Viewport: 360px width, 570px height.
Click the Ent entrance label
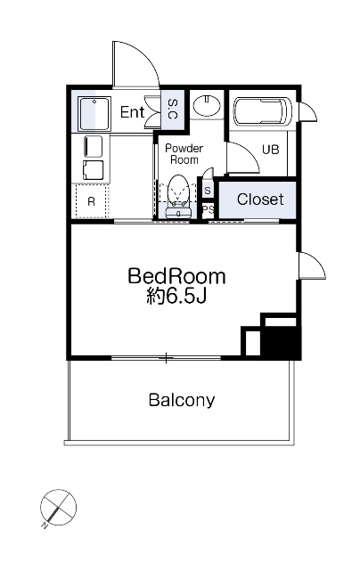pos(132,112)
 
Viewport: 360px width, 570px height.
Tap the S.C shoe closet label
pos(172,109)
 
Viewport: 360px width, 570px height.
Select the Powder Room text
pos(184,154)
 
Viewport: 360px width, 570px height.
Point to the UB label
pos(271,149)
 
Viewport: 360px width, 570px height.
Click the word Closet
pos(260,199)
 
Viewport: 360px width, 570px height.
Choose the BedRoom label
pos(176,276)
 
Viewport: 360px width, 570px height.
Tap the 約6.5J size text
pos(176,296)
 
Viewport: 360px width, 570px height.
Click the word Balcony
pos(182,401)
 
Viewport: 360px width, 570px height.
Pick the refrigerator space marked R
pos(91,201)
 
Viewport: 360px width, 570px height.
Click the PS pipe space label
pos(209,209)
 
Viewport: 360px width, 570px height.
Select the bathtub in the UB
pos(262,111)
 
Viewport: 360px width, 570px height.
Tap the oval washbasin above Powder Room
pos(207,105)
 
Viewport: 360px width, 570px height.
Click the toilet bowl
pos(179,192)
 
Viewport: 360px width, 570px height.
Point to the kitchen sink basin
pos(94,113)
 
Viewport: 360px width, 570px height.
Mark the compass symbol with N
pos(58,508)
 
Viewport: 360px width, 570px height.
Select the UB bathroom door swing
pos(243,157)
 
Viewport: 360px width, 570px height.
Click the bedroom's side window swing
pos(312,265)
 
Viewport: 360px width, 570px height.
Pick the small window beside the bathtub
pos(307,112)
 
